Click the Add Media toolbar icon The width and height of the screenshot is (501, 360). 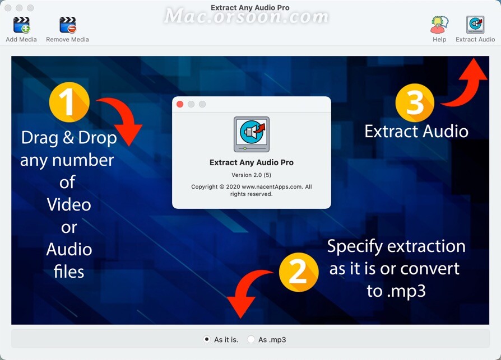[x=21, y=25]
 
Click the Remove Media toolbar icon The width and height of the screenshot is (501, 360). [x=67, y=25]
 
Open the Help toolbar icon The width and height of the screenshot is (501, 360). [x=439, y=25]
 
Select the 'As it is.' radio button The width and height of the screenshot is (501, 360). [x=207, y=339]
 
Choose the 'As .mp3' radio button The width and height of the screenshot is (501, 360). [x=251, y=339]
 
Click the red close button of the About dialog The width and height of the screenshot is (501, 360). [x=180, y=104]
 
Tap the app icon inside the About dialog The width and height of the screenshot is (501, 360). [x=252, y=134]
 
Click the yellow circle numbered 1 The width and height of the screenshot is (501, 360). [x=69, y=102]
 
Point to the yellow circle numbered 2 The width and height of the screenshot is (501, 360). [x=299, y=272]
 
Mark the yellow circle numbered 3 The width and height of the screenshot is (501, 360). [x=415, y=103]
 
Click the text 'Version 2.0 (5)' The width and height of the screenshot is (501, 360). [x=252, y=175]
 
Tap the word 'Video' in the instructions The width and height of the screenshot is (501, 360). [x=69, y=204]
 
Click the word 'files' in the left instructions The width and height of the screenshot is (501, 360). [x=69, y=272]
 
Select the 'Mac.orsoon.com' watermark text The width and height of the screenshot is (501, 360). [x=247, y=16]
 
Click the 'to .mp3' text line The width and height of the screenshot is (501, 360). [x=396, y=291]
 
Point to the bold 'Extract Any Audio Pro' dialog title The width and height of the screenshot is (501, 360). [x=252, y=162]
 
